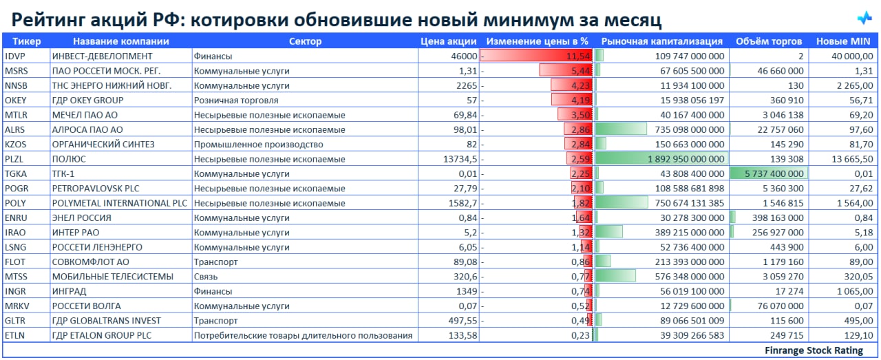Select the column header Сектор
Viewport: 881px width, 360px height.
[305, 41]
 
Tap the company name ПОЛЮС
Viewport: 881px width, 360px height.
[69, 159]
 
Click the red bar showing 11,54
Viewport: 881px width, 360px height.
[537, 56]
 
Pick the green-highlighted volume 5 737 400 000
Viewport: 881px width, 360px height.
[768, 173]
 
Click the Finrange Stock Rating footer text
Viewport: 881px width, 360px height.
[814, 351]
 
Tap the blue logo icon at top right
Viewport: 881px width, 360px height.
[864, 18]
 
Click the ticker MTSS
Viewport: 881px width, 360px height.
[16, 277]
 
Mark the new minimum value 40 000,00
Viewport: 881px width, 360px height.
[852, 56]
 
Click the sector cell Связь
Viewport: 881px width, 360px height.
[206, 277]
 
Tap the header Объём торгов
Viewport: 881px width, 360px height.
[768, 41]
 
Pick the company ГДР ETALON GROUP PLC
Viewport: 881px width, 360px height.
[101, 335]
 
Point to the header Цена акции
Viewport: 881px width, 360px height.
[448, 41]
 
